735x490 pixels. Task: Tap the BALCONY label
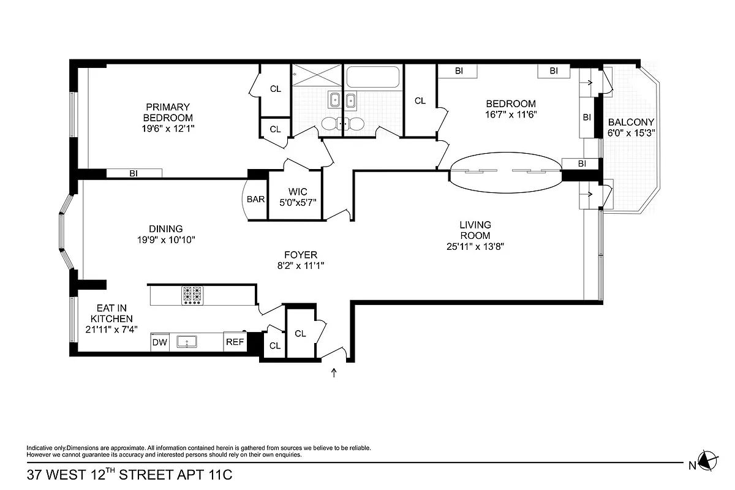click(x=631, y=122)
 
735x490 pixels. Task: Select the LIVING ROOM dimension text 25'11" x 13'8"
click(x=475, y=247)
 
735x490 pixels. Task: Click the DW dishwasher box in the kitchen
click(x=160, y=343)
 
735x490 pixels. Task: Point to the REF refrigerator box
click(x=235, y=343)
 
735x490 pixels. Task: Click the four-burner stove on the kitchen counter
click(x=192, y=295)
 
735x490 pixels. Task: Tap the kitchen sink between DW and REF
click(x=186, y=342)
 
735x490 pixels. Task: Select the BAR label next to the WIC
click(x=255, y=199)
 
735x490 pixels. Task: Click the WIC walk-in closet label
click(x=295, y=192)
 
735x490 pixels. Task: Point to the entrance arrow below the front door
click(x=334, y=372)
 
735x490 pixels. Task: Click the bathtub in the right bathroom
click(x=372, y=78)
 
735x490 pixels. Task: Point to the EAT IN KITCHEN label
click(x=111, y=314)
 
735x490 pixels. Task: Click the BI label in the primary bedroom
click(x=134, y=173)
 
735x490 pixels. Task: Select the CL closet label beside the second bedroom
click(x=420, y=101)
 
